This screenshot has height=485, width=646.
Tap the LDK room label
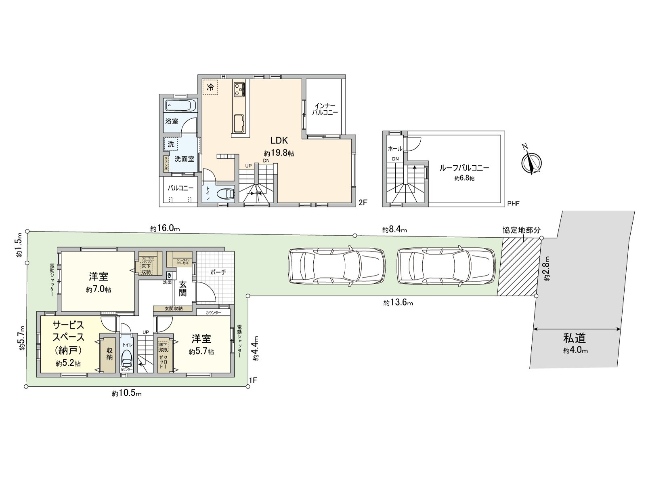tap(279, 141)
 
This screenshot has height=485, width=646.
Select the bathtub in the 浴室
tap(180, 106)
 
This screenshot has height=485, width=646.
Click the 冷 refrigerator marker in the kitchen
tap(210, 87)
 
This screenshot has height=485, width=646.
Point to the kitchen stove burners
tap(238, 89)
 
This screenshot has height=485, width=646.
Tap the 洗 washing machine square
tap(171, 144)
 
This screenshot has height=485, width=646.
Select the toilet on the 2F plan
tap(225, 194)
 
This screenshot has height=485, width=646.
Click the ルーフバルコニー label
tap(464, 168)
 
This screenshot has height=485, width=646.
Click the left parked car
tap(336, 267)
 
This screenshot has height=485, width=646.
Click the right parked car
tap(446, 267)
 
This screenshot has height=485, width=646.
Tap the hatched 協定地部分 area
tap(520, 267)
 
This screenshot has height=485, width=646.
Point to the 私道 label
tap(575, 338)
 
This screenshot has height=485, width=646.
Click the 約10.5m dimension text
tap(127, 393)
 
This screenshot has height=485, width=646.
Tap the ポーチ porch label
tap(218, 272)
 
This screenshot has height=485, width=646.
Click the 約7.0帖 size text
tap(99, 290)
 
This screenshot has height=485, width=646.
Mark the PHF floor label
tap(513, 204)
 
